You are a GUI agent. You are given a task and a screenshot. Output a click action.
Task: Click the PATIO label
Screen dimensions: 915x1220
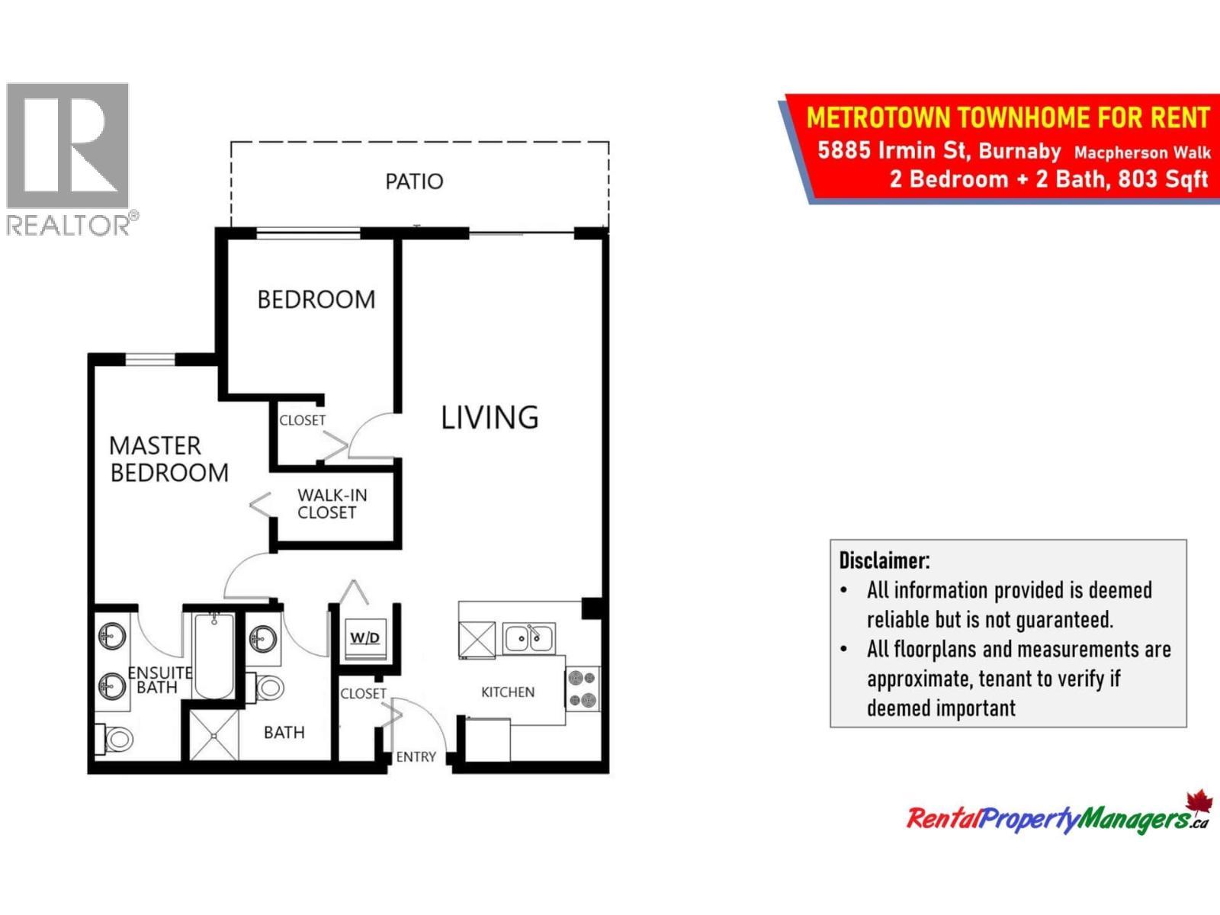click(414, 181)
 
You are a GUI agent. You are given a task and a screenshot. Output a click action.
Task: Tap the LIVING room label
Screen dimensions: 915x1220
click(490, 418)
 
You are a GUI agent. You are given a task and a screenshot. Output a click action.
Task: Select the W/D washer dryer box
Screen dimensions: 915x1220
click(364, 637)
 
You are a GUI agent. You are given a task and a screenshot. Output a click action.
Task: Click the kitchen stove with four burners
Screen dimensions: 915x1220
click(583, 689)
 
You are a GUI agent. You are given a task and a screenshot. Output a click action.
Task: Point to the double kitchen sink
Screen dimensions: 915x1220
click(529, 638)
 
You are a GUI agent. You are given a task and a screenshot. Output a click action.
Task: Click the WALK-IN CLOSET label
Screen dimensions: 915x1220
click(332, 504)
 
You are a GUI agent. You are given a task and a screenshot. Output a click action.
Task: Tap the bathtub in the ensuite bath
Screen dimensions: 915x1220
click(214, 656)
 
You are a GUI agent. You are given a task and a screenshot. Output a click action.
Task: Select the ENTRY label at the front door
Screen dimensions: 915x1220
click(416, 756)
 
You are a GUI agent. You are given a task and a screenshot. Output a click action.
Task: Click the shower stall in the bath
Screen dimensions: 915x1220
click(213, 735)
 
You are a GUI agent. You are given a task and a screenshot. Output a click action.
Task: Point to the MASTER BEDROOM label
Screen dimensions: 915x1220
click(169, 459)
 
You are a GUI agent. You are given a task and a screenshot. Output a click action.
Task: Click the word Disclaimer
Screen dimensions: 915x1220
click(884, 560)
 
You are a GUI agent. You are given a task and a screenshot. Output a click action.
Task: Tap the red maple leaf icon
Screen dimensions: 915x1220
click(1199, 803)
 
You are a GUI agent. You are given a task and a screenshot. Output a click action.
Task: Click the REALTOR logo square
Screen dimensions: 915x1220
click(68, 146)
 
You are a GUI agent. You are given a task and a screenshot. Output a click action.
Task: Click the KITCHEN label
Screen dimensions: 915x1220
click(508, 692)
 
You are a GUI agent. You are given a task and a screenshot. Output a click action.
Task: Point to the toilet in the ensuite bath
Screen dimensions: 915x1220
click(117, 738)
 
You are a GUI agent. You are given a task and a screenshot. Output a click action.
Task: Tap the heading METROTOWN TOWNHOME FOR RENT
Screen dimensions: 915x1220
click(1007, 118)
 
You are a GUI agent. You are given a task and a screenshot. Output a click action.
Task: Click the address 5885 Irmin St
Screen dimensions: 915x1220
click(892, 149)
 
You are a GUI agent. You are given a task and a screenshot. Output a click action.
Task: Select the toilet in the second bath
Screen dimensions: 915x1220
click(267, 687)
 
